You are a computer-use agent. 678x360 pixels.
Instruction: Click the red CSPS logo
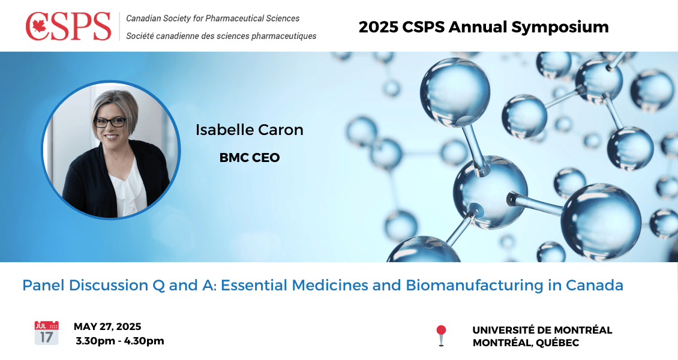point(68,26)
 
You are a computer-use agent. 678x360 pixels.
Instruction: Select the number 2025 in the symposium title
point(379,27)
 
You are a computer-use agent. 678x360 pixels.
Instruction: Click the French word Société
point(140,36)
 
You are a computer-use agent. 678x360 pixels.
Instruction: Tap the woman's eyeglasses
point(110,122)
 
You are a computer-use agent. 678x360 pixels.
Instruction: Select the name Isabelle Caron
point(250,130)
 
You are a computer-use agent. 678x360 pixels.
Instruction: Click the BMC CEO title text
point(250,158)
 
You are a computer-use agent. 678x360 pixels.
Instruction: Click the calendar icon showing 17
point(47,333)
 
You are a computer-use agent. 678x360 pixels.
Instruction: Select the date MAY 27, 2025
point(107,326)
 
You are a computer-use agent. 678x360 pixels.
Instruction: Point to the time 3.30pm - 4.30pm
point(120,341)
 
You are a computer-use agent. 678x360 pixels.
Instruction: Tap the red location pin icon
point(441,335)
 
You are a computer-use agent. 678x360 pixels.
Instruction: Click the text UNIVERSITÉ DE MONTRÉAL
point(542,330)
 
